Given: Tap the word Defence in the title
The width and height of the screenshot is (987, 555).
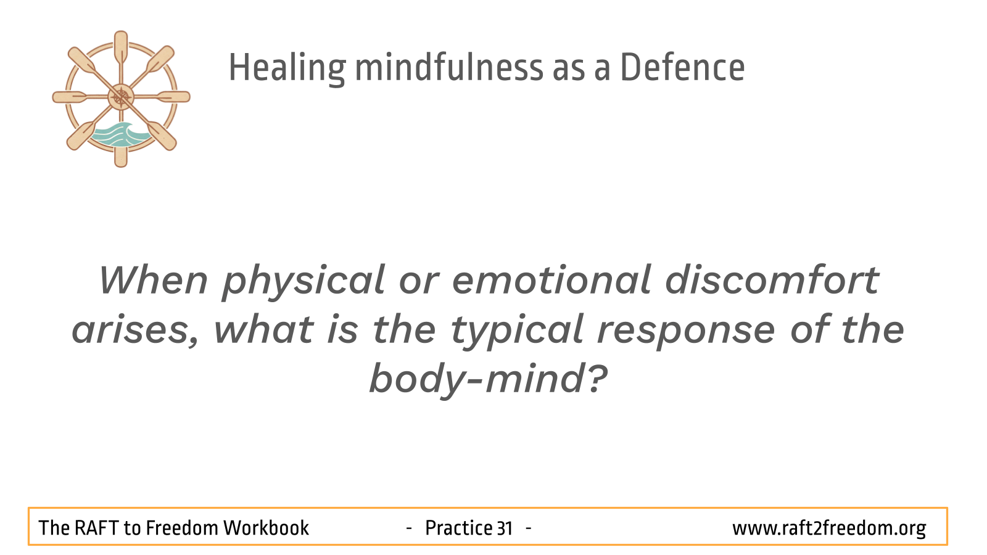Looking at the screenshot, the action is pos(682,68).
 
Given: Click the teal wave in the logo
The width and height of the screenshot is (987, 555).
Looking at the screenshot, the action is pos(120,134).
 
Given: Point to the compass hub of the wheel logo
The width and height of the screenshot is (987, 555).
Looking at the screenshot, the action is pos(121,97).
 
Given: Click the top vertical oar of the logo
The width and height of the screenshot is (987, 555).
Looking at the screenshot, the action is pos(121,49).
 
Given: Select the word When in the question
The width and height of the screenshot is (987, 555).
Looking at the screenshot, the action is pos(154,280).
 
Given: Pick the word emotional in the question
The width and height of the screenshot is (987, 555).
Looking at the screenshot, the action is pos(551,280).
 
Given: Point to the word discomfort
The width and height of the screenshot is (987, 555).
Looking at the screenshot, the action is pos(772,279).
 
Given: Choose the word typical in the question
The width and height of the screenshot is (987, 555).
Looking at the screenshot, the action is pos(518,332).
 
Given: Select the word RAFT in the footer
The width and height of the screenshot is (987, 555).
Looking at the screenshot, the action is pos(96,528).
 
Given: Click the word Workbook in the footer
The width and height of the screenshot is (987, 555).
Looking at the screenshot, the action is pos(266,528).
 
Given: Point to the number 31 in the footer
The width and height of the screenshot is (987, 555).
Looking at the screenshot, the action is pos(505,528).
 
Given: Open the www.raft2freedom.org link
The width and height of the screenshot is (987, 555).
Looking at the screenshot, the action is pos(829,528).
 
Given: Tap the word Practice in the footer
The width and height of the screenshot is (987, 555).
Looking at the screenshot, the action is pos(458,528).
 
